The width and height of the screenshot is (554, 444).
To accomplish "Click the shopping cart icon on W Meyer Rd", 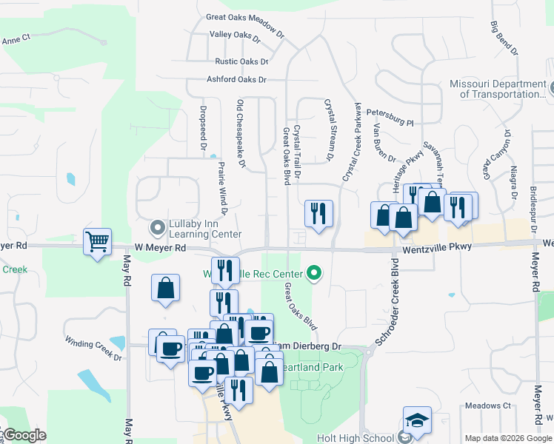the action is point(98,241).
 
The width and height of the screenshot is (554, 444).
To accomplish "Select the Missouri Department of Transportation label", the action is point(498,89).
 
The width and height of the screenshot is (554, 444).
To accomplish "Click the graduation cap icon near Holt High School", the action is point(417,420).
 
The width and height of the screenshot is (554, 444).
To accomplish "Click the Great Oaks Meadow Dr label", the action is point(244,17).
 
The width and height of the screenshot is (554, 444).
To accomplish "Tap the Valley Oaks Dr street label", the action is point(236,35).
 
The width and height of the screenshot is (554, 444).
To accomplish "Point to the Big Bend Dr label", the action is point(504,36).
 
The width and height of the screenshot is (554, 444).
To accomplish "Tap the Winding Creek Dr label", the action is point(93,350).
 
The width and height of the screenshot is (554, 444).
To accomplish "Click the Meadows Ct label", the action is point(488,406).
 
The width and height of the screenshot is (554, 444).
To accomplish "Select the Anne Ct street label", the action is point(16,40).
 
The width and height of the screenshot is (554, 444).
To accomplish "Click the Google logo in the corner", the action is point(24,435).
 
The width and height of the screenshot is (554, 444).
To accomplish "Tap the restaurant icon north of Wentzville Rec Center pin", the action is point(319,215).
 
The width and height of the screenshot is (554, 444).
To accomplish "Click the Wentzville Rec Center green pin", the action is point(314,274).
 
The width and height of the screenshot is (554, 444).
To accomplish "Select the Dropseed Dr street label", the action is point(202,128).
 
